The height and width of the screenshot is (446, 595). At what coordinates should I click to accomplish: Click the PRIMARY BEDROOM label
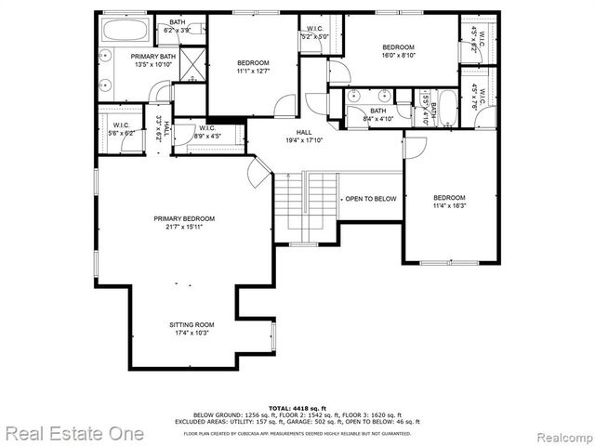(x=178, y=218)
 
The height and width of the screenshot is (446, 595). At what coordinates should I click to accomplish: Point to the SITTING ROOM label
(x=192, y=324)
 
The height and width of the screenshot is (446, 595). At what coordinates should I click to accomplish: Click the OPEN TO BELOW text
(x=371, y=199)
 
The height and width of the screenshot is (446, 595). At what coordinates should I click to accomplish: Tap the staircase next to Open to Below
(x=306, y=203)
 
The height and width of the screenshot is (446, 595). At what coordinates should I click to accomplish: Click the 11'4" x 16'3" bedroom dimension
(x=449, y=206)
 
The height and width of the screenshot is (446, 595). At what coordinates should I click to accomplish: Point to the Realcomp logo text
(x=559, y=434)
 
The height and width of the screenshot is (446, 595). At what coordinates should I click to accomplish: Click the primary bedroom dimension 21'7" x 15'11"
(x=178, y=226)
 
